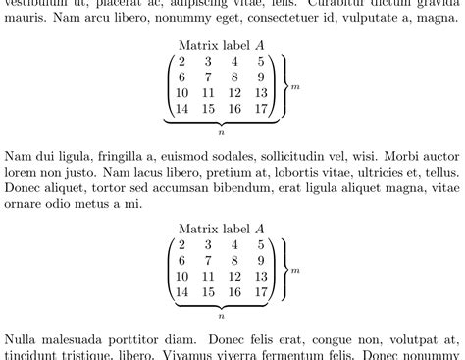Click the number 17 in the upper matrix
[x=260, y=110]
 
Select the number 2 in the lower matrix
[x=182, y=245]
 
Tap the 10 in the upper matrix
[x=182, y=94]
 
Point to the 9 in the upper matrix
[x=260, y=78]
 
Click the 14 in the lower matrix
[x=182, y=292]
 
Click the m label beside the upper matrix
[x=295, y=86]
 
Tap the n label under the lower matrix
[x=222, y=316]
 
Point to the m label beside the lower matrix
[x=295, y=269]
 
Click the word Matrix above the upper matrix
[x=200, y=45]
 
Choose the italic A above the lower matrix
[x=260, y=228]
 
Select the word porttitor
[x=146, y=337]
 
